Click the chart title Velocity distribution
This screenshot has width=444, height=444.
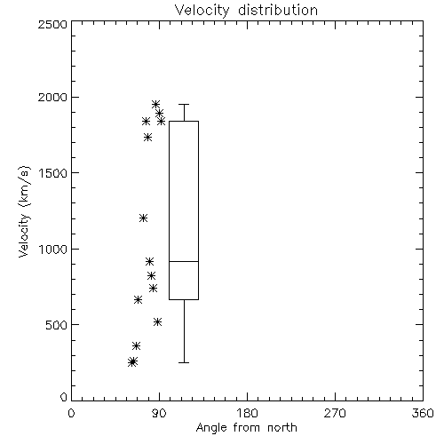coord(246,11)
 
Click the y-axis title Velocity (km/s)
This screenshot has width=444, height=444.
coord(24,211)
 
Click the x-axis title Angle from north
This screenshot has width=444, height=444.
coord(246,428)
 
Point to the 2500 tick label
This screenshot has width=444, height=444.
coord(52,24)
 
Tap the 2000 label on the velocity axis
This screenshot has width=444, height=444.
coord(52,97)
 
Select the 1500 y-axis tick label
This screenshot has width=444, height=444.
coord(53,173)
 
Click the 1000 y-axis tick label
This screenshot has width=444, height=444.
coord(53,250)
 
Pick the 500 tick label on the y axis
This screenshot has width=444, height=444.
coord(57,325)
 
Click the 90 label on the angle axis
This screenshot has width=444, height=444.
coord(159,413)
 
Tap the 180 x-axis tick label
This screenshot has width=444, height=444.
coord(247,413)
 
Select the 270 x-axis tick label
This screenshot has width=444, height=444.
coord(335,413)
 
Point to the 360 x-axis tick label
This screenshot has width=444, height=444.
coord(423,413)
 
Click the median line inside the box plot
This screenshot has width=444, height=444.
coord(184,261)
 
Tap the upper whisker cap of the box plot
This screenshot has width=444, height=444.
coord(184,104)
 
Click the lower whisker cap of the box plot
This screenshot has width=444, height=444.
coord(184,362)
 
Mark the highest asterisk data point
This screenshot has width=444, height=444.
coord(155,104)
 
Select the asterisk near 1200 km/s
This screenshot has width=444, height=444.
coord(143,218)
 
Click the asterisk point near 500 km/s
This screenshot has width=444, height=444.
coord(158,321)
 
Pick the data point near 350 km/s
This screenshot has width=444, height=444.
coord(136,345)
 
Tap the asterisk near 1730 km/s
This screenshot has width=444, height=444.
coord(148,137)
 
